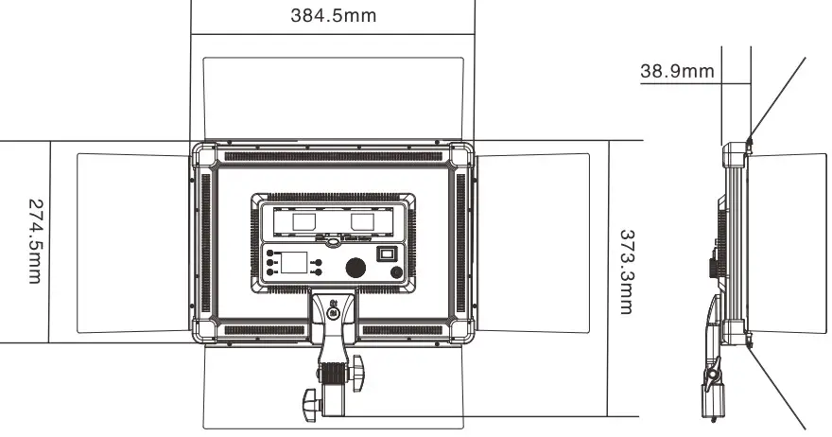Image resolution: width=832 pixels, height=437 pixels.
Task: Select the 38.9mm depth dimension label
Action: pyautogui.click(x=677, y=70)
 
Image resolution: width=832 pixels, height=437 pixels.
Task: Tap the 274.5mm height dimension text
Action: pyautogui.click(x=34, y=240)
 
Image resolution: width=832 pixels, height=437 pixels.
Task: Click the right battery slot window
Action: pyautogui.click(x=364, y=220)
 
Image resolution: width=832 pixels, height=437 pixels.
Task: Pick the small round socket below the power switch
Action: pyautogui.click(x=396, y=275)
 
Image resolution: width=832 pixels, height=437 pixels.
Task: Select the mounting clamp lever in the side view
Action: pyautogui.click(x=712, y=374)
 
